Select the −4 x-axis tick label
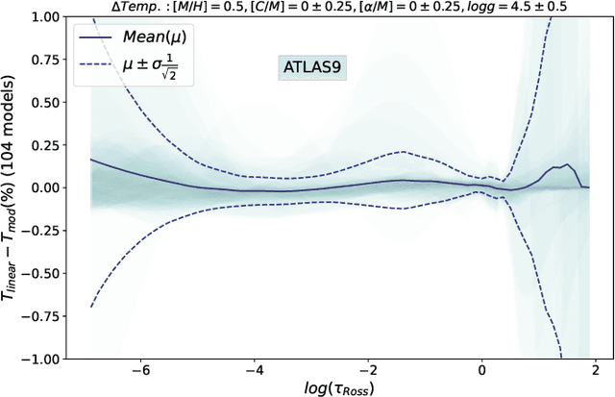254,370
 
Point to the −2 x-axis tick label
368,370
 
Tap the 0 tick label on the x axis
482,370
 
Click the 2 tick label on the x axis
596,370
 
